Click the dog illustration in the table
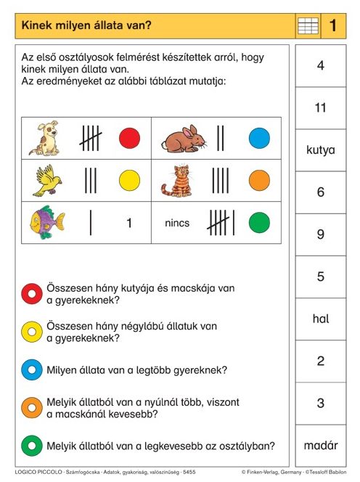tap(44, 139)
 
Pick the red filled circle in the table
tap(129, 138)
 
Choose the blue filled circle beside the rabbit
tap(259, 138)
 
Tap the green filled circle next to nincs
tap(259, 223)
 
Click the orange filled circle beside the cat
tap(259, 180)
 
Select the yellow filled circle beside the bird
tap(129, 180)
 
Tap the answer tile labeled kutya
tap(321, 150)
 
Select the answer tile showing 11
tap(321, 108)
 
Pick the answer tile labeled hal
tap(321, 319)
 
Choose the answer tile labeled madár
tap(321, 445)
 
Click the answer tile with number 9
tap(321, 234)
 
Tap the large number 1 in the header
tap(333, 27)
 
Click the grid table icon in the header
tap(308, 27)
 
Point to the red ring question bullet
tap(31, 294)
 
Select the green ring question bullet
tap(31, 445)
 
